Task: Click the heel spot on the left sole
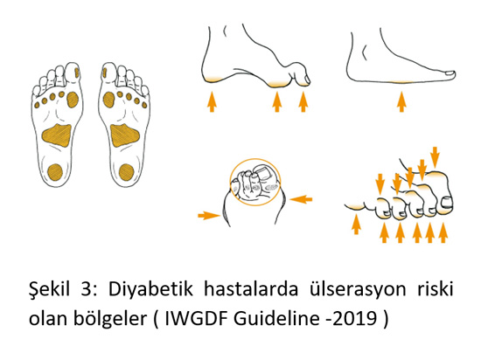tap(55, 171)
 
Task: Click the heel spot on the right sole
tap(127, 172)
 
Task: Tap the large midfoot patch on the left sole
tap(57, 135)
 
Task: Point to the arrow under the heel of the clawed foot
tap(212, 101)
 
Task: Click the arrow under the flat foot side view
tap(401, 101)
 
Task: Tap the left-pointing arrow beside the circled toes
tap(301, 199)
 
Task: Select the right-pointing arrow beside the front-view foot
tap(209, 215)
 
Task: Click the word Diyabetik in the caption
tap(150, 288)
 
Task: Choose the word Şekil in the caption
tap(50, 288)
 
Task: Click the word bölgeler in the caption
tap(110, 319)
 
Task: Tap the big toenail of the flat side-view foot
tap(450, 73)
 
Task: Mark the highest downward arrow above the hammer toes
tap(435, 156)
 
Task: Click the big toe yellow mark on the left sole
tap(76, 73)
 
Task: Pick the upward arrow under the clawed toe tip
tap(303, 101)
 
